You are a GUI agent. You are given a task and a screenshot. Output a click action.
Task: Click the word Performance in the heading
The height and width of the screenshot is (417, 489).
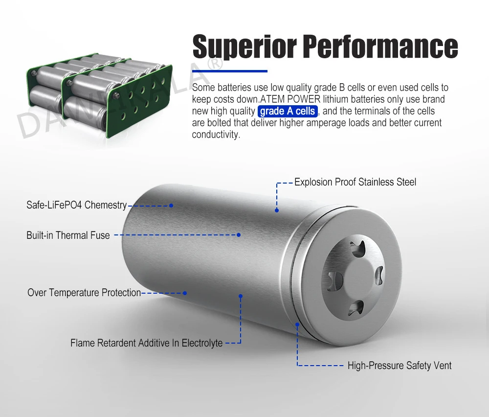[380, 47]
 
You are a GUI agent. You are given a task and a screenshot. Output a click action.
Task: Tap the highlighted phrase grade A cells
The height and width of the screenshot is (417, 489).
[288, 111]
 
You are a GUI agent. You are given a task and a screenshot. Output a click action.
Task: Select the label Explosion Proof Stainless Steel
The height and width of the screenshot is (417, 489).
[355, 182]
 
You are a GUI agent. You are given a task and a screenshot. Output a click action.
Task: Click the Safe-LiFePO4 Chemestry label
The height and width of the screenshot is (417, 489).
[76, 205]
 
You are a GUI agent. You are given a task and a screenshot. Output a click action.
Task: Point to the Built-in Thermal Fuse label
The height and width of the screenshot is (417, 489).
[68, 235]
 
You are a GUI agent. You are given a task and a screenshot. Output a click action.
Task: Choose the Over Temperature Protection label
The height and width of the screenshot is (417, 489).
[84, 293]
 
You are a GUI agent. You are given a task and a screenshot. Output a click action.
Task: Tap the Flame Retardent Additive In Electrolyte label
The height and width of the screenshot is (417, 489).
[146, 343]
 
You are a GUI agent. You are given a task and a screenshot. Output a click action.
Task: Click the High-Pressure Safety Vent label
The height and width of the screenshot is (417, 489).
[400, 366]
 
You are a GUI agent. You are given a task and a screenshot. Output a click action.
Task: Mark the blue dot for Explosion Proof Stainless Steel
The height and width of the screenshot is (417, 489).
[277, 210]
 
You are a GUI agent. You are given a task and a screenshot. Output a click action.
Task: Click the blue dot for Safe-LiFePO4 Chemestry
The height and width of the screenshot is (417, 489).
[171, 206]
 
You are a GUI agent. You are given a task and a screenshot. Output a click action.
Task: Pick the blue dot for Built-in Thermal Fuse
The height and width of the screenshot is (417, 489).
[239, 235]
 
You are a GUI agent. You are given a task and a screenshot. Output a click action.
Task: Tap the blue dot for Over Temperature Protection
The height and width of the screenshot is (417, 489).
[185, 293]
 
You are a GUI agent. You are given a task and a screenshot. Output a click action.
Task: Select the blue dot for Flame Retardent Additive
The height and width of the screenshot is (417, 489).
[241, 296]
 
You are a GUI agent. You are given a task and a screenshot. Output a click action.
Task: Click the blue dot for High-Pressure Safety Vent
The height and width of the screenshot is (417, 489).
[297, 324]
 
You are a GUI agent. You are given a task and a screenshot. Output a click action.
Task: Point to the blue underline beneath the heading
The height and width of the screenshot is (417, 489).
[230, 71]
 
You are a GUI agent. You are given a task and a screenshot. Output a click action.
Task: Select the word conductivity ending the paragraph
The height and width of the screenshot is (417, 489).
[216, 135]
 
